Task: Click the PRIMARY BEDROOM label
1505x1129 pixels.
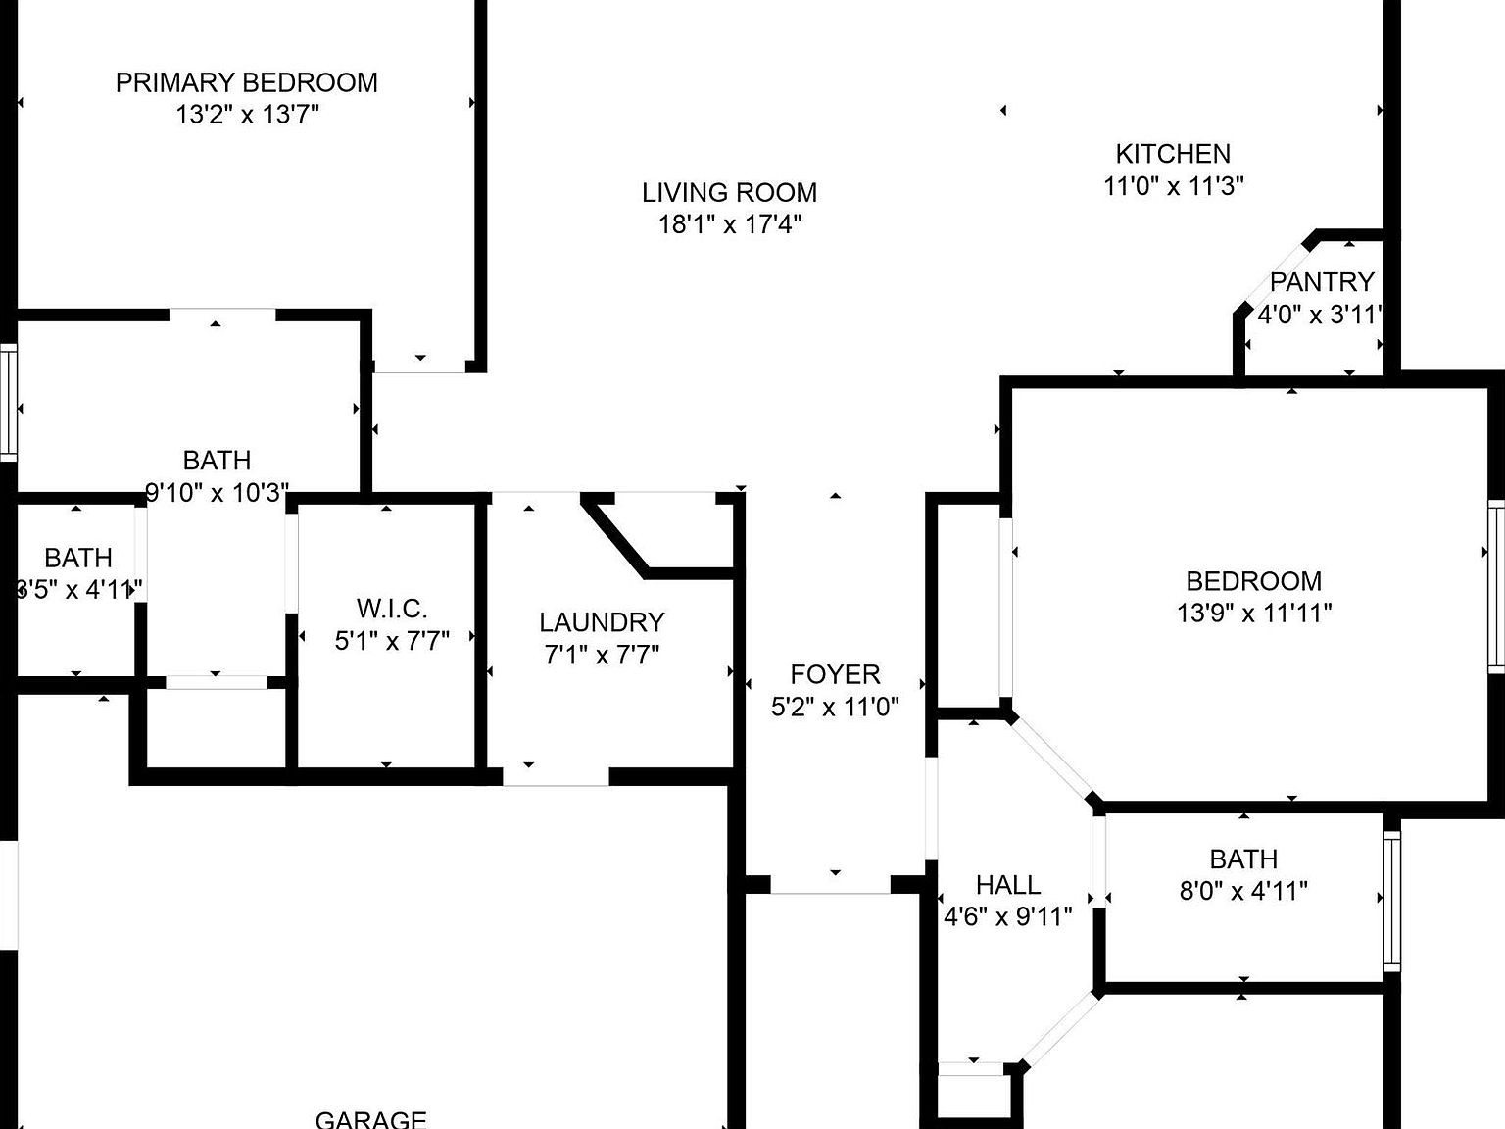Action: pyautogui.click(x=246, y=82)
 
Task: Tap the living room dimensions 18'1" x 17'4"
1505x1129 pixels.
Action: pyautogui.click(x=729, y=224)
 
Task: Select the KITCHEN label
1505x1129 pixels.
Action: pyautogui.click(x=1173, y=154)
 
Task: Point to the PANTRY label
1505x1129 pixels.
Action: pyautogui.click(x=1321, y=282)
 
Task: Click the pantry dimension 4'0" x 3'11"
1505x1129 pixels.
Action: pyautogui.click(x=1319, y=315)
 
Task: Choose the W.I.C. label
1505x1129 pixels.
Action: pyautogui.click(x=392, y=609)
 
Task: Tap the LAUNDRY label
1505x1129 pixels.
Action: pyautogui.click(x=602, y=622)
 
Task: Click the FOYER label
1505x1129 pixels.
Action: pyautogui.click(x=835, y=674)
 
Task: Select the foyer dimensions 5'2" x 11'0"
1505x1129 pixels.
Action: pyautogui.click(x=835, y=707)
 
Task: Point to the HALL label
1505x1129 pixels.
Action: pyautogui.click(x=1007, y=885)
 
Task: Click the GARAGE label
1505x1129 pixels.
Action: pyautogui.click(x=370, y=1118)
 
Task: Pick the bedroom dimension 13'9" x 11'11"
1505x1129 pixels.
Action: pyautogui.click(x=1253, y=614)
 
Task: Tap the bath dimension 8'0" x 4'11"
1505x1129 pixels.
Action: pyautogui.click(x=1243, y=891)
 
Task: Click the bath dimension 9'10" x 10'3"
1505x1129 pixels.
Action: pyautogui.click(x=217, y=492)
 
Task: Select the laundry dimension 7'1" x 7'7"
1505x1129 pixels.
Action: pyautogui.click(x=602, y=654)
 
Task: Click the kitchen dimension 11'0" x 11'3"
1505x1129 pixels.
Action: pyautogui.click(x=1173, y=185)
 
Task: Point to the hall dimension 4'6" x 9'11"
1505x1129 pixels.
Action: pyautogui.click(x=1007, y=917)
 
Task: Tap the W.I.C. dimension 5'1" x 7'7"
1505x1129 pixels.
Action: pyautogui.click(x=392, y=641)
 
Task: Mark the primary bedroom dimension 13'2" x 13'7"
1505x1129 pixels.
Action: pyautogui.click(x=246, y=115)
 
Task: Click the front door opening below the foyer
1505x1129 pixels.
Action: pyautogui.click(x=831, y=883)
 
